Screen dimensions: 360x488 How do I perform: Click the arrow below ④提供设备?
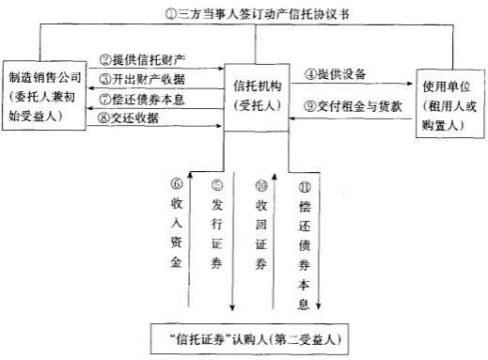tap(349, 86)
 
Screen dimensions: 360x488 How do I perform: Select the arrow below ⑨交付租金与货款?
tap(349, 122)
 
